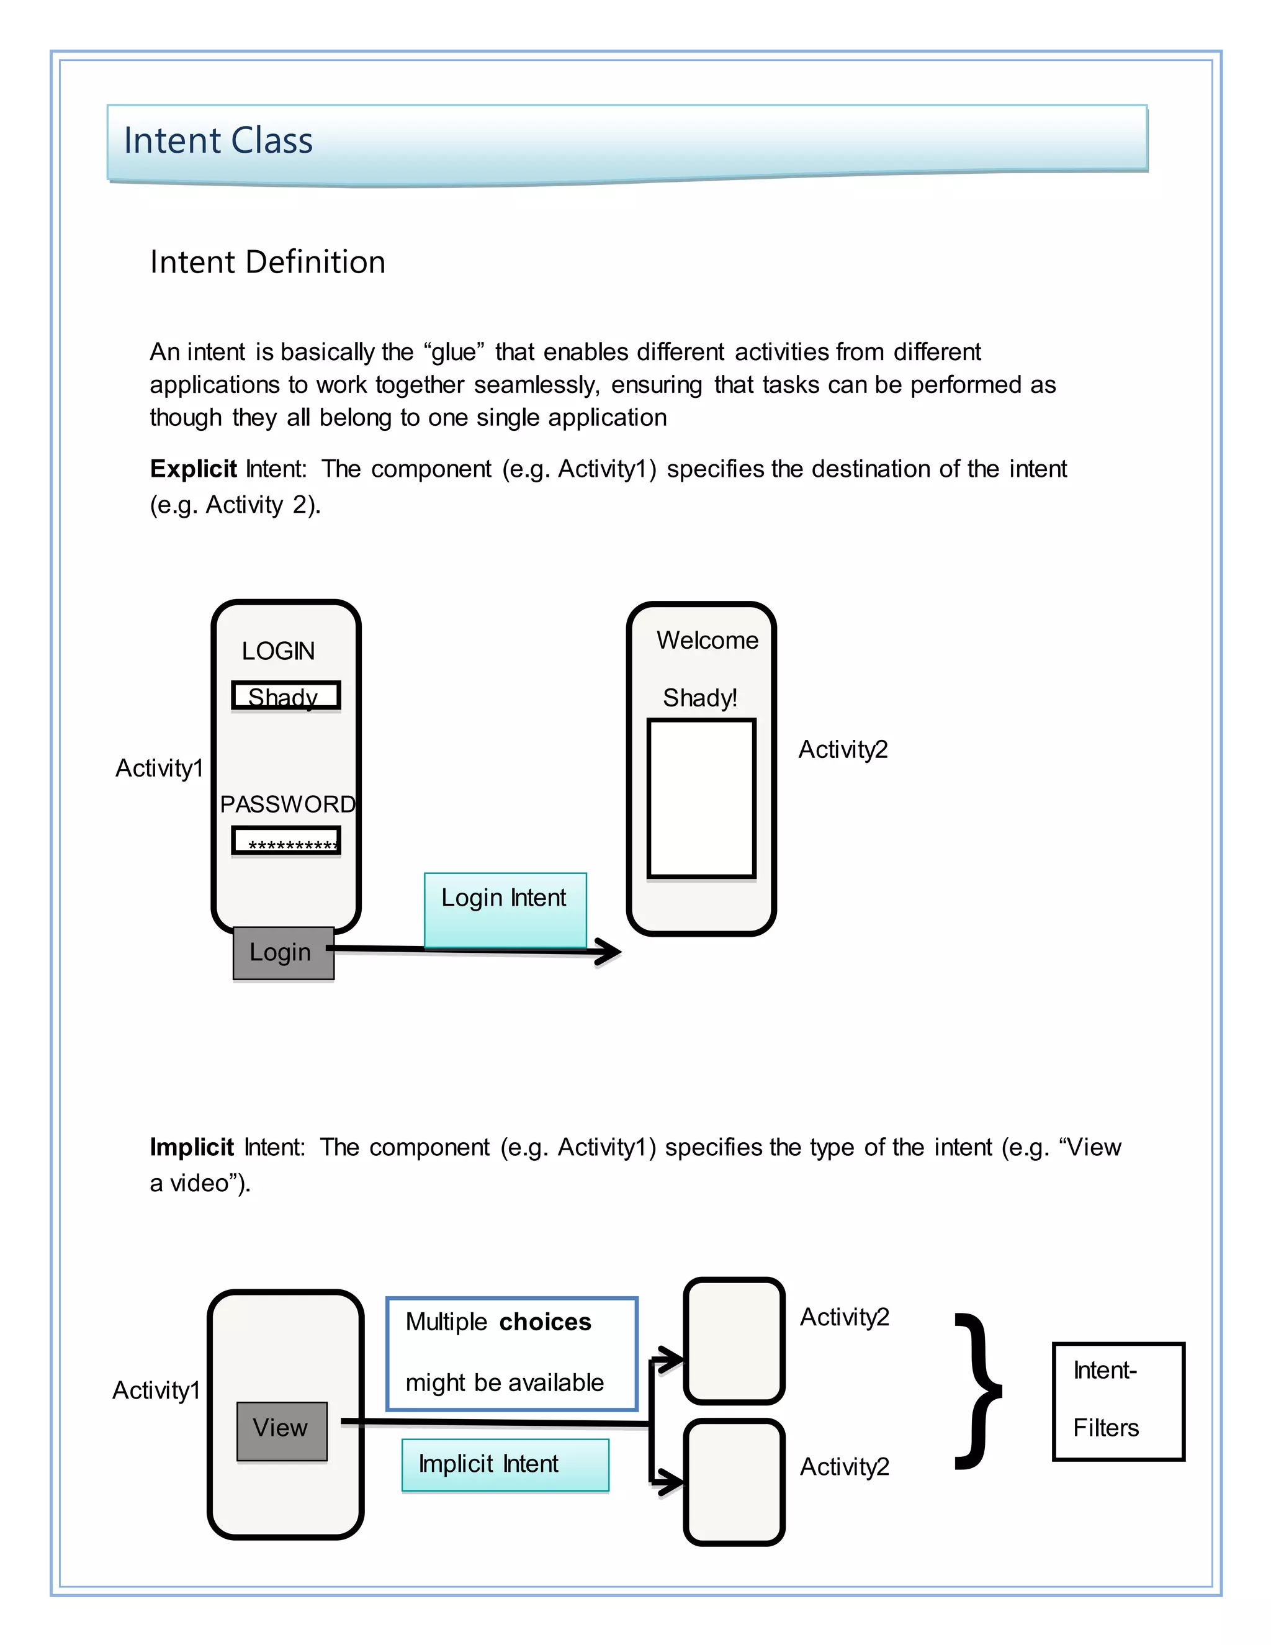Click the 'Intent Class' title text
[218, 141]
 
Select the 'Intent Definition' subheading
[267, 262]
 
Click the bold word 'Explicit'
[194, 469]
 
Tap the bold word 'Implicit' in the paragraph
[192, 1147]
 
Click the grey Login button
[283, 953]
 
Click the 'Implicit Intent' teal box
[505, 1464]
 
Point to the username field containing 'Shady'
[285, 696]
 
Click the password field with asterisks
[285, 841]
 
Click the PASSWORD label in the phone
[287, 804]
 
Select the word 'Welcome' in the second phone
[707, 640]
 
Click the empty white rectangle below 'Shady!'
[701, 798]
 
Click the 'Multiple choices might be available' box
[512, 1353]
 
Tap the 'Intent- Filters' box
[1118, 1401]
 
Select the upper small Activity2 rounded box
[734, 1341]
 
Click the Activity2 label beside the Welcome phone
[843, 749]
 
